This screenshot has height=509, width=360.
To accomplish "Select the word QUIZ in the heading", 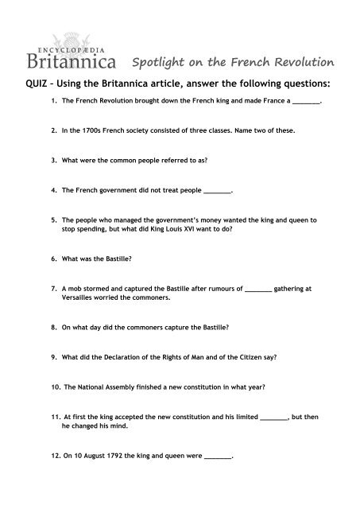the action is pos(29,84).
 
